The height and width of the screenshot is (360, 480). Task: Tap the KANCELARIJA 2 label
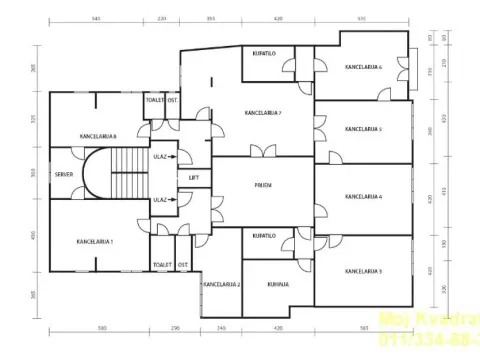coord(221,284)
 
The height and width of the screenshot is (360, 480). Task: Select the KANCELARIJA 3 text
coord(363,271)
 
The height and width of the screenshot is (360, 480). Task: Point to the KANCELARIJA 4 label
coord(363,197)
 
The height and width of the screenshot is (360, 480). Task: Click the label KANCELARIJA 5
coord(363,129)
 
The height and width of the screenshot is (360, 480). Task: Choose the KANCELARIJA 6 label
coord(362,67)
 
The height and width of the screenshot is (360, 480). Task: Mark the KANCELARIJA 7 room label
coord(264,113)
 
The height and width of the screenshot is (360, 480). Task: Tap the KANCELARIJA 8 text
coord(99,136)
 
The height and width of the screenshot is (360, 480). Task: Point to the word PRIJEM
coord(264,185)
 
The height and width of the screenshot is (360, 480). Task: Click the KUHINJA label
coord(277,284)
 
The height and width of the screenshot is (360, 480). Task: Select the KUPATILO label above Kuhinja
coord(264,236)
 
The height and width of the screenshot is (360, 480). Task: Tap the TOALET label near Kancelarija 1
coord(163,264)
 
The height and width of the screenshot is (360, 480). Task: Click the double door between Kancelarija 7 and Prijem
coord(264,152)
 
